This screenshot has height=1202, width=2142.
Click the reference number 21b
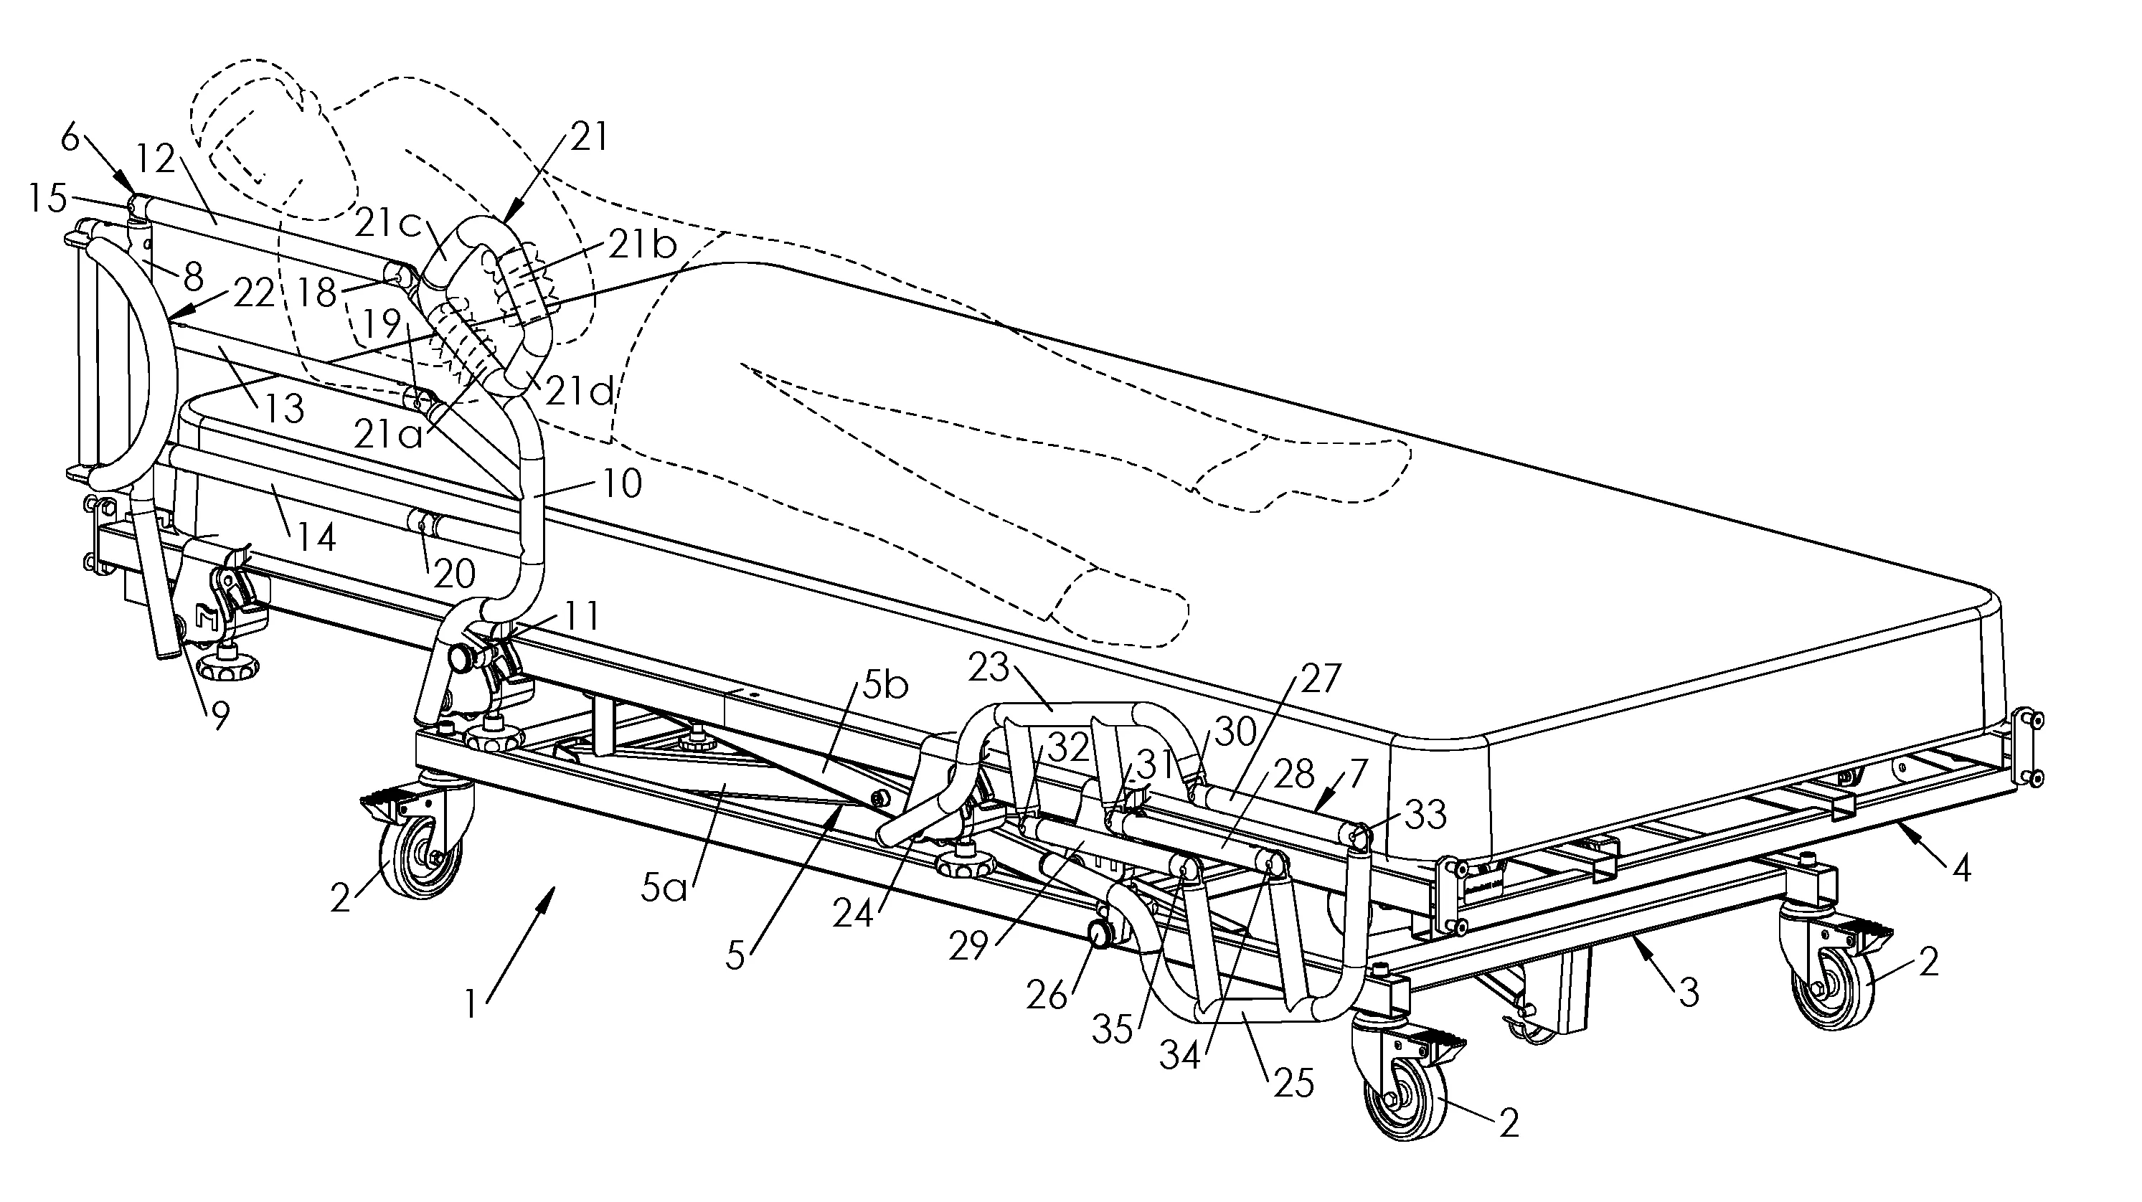643,245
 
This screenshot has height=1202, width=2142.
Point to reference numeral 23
988,668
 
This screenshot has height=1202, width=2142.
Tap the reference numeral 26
1046,994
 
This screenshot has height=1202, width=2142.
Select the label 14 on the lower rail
315,537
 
